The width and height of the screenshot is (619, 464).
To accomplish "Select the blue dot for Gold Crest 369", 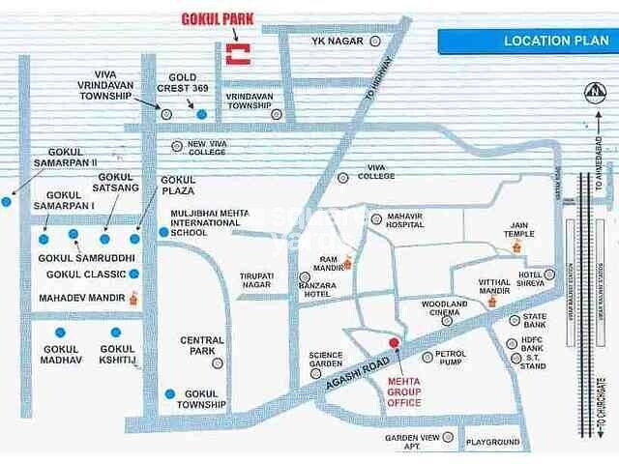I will coord(201,114).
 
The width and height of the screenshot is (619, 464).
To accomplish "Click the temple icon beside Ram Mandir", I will coord(348,260).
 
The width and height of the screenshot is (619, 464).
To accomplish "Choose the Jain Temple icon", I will coord(516,247).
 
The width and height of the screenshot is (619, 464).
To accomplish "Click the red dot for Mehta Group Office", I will coord(394,343).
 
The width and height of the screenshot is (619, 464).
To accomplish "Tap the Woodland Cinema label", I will coord(444,309).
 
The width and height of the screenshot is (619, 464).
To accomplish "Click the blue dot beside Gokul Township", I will coord(170,393).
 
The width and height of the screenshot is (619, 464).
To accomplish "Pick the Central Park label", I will coord(202,346).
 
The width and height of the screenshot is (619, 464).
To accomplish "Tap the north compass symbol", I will coord(592,92).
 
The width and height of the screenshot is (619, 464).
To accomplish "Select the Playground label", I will coord(492,442).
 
